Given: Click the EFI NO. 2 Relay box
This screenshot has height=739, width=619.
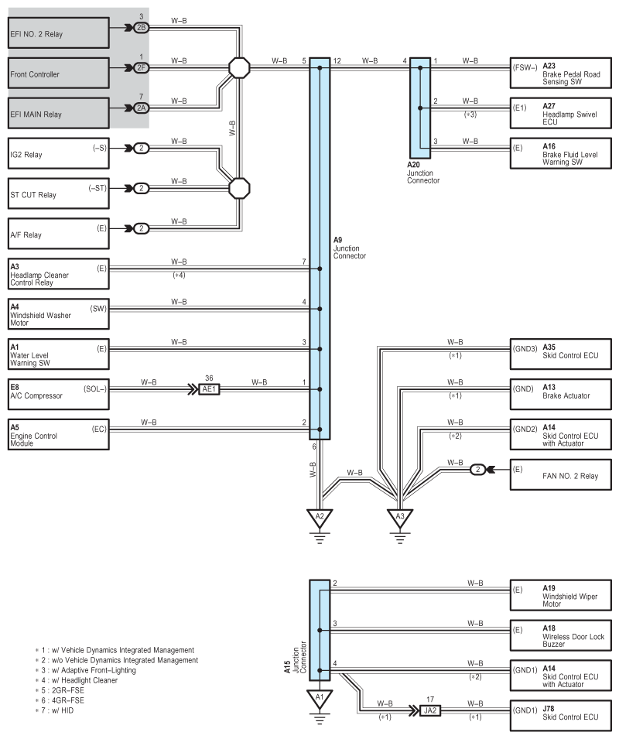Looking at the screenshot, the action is (x=58, y=33).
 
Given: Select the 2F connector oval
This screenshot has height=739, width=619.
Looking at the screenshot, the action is (x=141, y=68).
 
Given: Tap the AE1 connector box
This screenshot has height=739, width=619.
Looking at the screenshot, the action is (x=209, y=389).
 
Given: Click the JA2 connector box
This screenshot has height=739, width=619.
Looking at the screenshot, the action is (x=430, y=710).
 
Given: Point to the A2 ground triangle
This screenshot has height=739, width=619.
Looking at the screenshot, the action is (x=320, y=517).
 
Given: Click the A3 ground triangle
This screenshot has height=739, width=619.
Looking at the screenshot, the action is (x=400, y=517).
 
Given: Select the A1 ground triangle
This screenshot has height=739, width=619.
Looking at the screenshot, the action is (x=320, y=699).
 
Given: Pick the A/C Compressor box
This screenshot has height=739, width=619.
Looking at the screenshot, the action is (x=58, y=394).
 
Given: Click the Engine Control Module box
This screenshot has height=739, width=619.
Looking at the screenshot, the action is (x=58, y=434).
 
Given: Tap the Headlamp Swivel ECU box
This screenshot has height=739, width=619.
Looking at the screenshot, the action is (x=561, y=113).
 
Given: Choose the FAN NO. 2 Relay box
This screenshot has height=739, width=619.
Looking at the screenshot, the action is (x=561, y=474).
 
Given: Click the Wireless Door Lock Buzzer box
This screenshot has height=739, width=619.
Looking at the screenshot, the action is (x=561, y=635).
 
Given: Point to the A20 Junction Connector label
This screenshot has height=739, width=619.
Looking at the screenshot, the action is (x=423, y=173).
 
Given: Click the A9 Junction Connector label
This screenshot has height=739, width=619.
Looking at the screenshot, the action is (x=349, y=248).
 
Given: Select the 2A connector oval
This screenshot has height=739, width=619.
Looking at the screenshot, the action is (x=141, y=108).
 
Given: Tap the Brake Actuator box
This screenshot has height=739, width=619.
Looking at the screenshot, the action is (x=561, y=394).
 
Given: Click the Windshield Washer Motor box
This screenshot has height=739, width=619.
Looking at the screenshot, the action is (x=58, y=314).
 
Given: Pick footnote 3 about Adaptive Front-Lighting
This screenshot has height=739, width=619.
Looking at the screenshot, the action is (x=86, y=670).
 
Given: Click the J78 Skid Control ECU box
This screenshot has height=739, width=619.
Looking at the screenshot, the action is (x=561, y=716).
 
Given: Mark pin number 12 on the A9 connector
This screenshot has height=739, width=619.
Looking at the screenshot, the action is (x=337, y=61).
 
